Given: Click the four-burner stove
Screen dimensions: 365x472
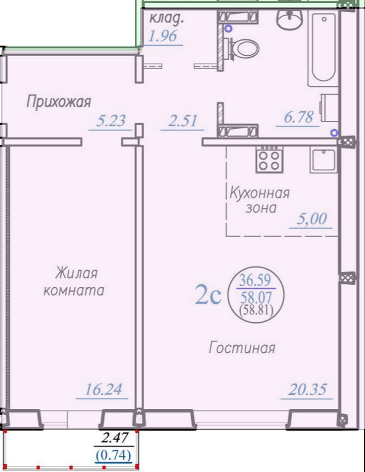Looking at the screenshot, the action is [x=269, y=159].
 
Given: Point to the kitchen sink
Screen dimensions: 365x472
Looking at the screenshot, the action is [x=323, y=160].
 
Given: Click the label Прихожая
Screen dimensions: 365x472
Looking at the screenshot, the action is [x=58, y=102].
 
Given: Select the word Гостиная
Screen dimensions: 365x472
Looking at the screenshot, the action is [x=242, y=348].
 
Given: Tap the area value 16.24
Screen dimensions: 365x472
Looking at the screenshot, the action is [x=103, y=389].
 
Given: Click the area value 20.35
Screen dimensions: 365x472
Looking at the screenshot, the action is [x=307, y=389].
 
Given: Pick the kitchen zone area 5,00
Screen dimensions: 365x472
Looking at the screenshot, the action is [x=312, y=219].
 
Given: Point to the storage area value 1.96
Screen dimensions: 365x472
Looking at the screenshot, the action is [x=163, y=36].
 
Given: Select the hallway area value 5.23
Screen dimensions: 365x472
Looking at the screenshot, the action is [x=111, y=121].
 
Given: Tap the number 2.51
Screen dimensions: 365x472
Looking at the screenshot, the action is [x=182, y=121].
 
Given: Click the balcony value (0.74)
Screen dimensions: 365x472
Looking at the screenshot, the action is [x=114, y=456].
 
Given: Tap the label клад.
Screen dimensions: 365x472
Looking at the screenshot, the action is [x=167, y=19].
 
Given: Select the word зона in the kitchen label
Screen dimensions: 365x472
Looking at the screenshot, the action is [x=261, y=208].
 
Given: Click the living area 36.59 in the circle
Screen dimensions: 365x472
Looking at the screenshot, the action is [x=255, y=281].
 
